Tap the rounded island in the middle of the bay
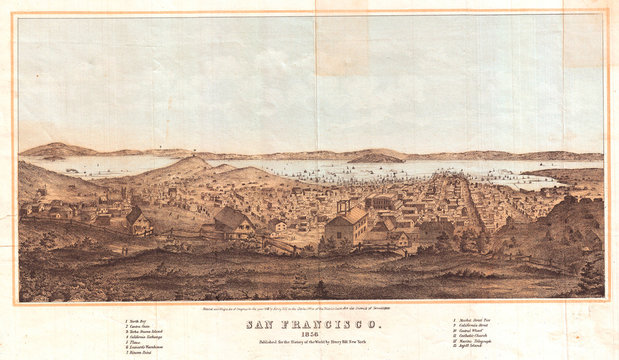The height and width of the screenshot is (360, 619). coord(375,158)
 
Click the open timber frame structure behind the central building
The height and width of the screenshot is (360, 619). coord(346,206)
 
